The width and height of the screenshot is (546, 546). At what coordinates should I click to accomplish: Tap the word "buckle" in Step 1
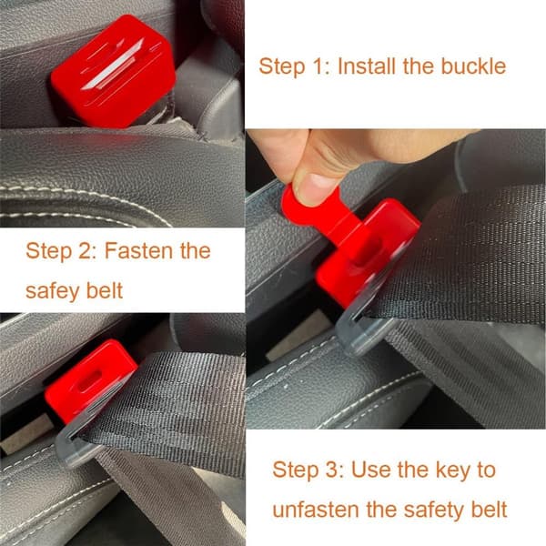(473, 66)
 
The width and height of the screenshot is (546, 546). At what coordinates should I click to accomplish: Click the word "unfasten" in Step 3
(316, 510)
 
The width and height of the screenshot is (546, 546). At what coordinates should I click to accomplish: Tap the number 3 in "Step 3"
(332, 470)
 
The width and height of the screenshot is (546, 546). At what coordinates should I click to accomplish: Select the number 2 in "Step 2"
(85, 251)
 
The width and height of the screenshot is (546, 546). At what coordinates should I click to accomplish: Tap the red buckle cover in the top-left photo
(113, 71)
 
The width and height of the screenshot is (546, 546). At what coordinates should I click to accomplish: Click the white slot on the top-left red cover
(112, 66)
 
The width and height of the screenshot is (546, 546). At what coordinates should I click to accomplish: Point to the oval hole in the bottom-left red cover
(90, 379)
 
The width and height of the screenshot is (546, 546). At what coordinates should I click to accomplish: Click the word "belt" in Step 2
(105, 290)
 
